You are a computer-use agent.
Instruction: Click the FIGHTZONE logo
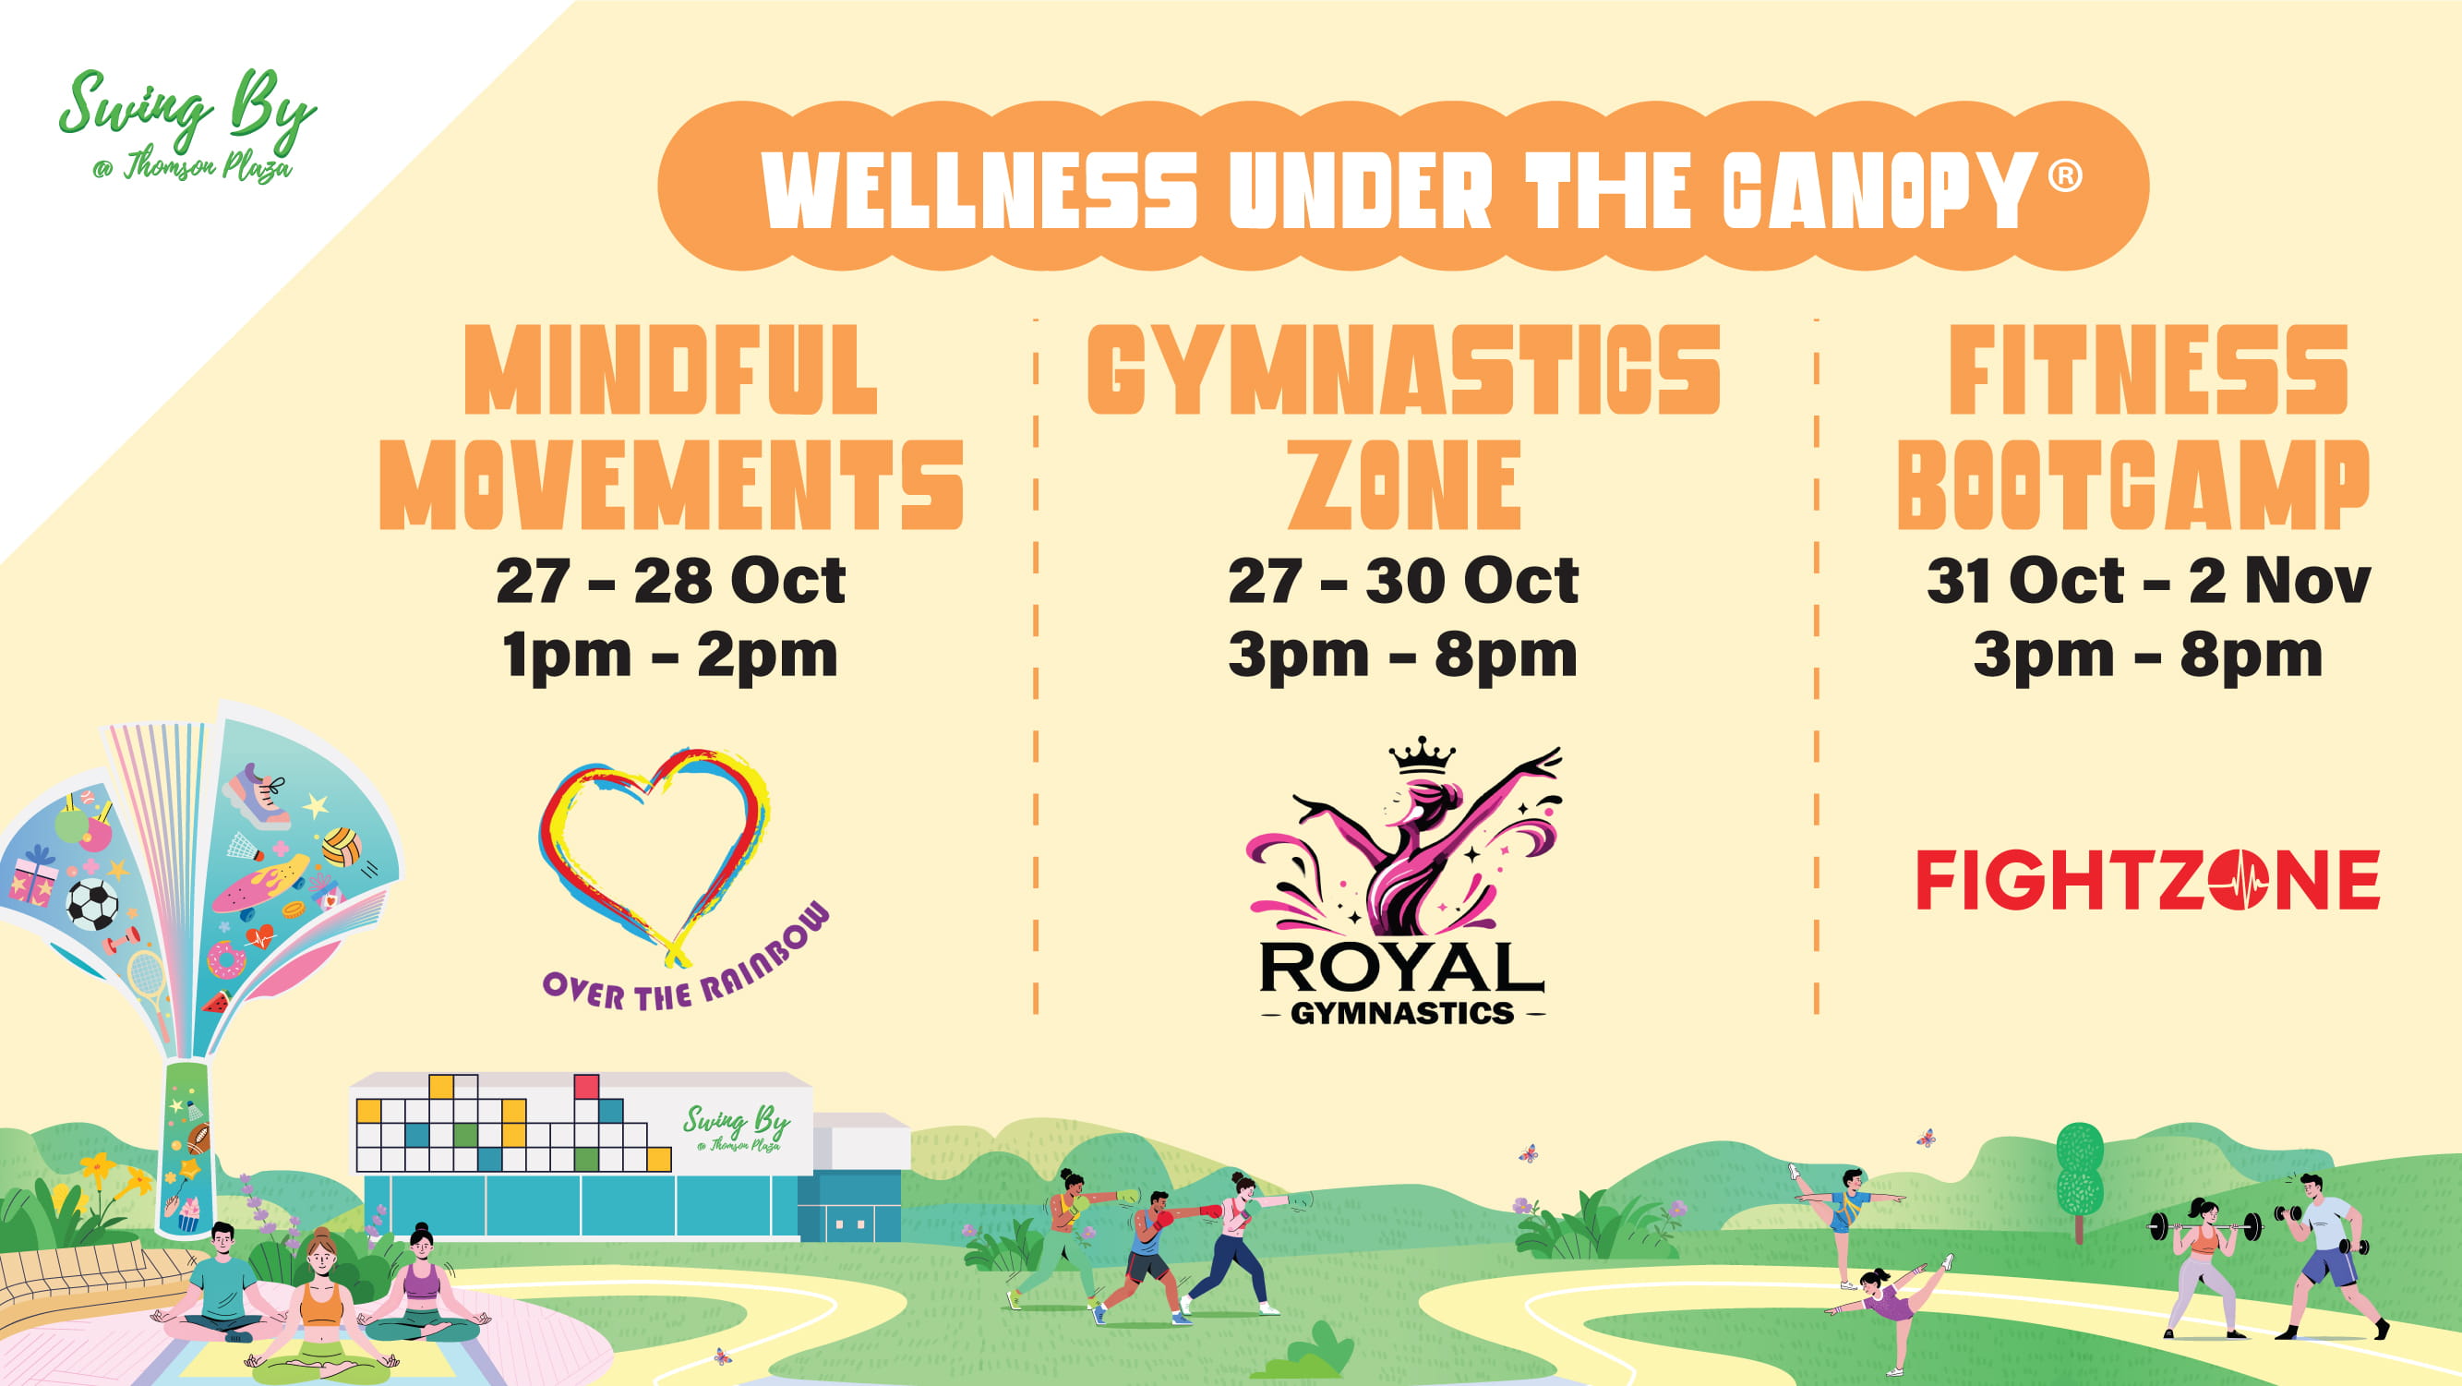[x=2147, y=879]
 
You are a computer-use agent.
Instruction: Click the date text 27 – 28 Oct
[x=671, y=580]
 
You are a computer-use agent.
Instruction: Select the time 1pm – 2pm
[x=670, y=656]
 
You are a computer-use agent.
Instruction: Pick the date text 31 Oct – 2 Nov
[x=2148, y=580]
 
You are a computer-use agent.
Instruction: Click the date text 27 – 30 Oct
[x=1403, y=580]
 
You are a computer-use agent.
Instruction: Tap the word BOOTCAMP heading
[x=2133, y=485]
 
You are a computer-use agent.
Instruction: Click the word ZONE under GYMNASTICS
[x=1404, y=485]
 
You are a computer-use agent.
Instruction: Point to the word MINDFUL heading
[x=671, y=369]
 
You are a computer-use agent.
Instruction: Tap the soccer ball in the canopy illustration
[x=92, y=903]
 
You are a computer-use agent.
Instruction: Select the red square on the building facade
[x=586, y=1087]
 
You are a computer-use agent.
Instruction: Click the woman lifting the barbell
[x=2202, y=1267]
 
